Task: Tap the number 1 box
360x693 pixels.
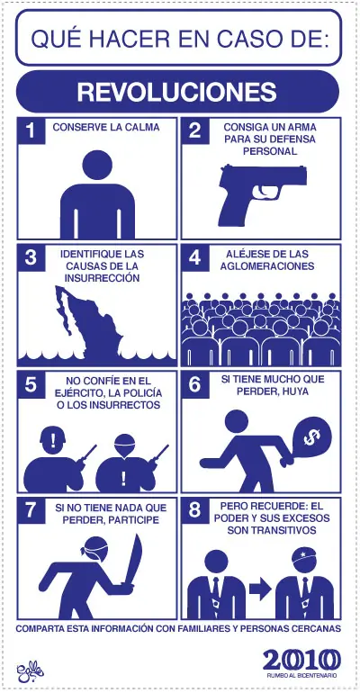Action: pyautogui.click(x=31, y=130)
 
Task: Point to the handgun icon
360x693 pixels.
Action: pyautogui.click(x=261, y=191)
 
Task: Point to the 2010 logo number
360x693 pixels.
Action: pyautogui.click(x=301, y=659)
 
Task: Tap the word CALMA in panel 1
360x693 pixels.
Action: pyautogui.click(x=140, y=128)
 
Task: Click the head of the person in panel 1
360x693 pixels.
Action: pyautogui.click(x=99, y=165)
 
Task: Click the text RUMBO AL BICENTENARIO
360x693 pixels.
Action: pyautogui.click(x=301, y=675)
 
